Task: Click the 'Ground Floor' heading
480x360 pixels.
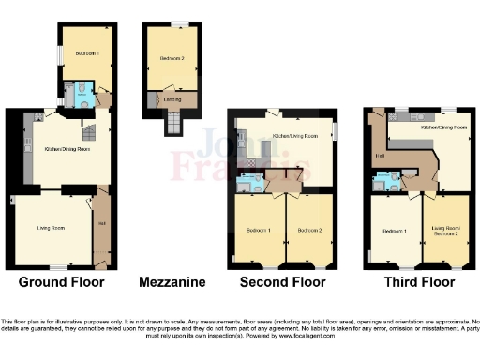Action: pos(62,281)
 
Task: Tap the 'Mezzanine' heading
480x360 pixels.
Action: pos(172,281)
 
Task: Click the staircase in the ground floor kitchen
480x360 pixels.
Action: pos(90,131)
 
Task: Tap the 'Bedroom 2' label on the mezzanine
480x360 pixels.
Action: pos(171,59)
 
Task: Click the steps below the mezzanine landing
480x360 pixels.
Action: pos(172,123)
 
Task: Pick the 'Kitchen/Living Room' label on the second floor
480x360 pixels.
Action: pos(291,137)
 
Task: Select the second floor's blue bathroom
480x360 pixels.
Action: pos(249,183)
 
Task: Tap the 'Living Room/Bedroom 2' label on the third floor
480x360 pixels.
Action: pos(444,230)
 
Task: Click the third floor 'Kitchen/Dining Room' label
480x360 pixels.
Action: pos(443,127)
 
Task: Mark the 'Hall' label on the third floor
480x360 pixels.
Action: pos(381,156)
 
